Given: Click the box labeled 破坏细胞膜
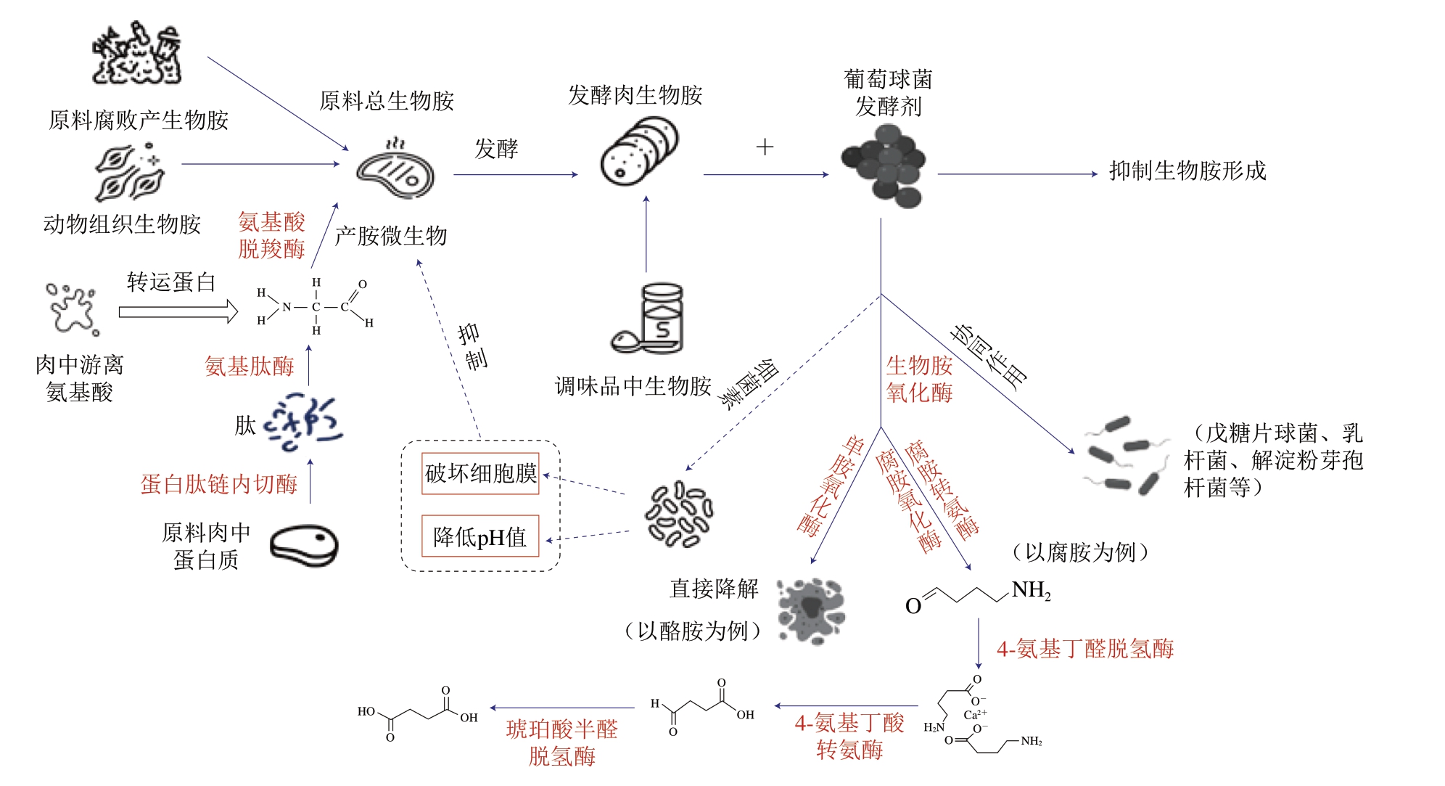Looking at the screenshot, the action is (x=480, y=473).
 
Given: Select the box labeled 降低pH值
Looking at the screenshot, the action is (x=480, y=536).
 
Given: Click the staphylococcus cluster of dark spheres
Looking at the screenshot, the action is (x=884, y=166).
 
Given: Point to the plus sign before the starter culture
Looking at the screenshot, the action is (x=765, y=147).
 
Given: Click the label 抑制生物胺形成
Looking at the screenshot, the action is (x=1187, y=171).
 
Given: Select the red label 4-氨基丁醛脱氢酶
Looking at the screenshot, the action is (x=1085, y=649).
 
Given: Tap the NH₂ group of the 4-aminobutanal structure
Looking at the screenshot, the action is (x=1031, y=591).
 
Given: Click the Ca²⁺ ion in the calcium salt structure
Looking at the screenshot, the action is (x=975, y=714).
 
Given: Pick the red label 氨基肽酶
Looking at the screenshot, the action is (x=249, y=366).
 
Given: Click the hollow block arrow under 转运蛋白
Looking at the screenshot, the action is (x=178, y=312).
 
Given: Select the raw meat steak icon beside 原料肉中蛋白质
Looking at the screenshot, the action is (x=304, y=546).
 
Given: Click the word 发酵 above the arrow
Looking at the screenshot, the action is (x=496, y=149).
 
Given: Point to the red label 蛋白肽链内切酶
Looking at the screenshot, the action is (x=219, y=484).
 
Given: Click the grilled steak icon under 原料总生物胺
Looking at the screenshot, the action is (x=395, y=170).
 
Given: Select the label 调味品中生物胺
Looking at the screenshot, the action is (x=633, y=386).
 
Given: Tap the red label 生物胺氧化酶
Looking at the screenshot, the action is (x=919, y=379).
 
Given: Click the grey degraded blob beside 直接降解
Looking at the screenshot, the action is (x=810, y=610).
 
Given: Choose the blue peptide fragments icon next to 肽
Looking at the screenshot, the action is (x=303, y=422).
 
